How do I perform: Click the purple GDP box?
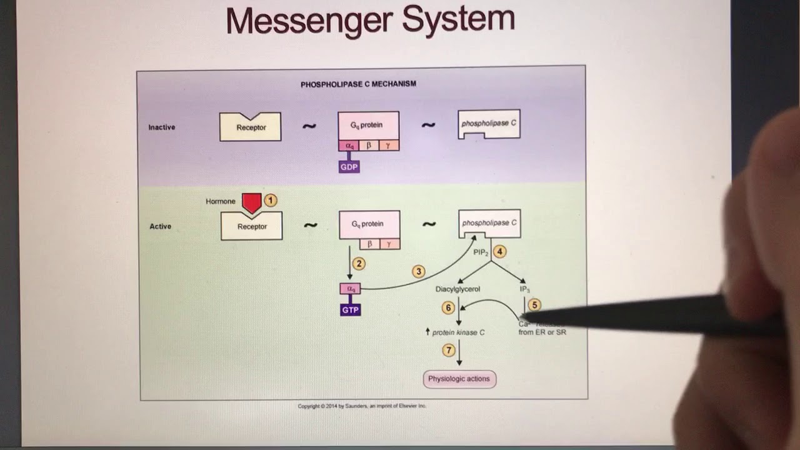[349, 167]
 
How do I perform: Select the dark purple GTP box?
[350, 310]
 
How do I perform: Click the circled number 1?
[270, 200]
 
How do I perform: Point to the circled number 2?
[358, 264]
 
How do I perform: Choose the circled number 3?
[419, 271]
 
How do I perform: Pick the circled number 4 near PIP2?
[499, 251]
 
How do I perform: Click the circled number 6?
[447, 307]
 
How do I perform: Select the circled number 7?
[448, 351]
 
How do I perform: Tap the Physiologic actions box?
[459, 379]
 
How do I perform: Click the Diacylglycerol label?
[457, 289]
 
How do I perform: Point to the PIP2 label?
[480, 252]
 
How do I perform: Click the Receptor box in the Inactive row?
[251, 127]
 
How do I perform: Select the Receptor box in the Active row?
[252, 227]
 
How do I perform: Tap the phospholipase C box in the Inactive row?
[489, 124]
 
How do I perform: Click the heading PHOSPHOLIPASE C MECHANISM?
[358, 84]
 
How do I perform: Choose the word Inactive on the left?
[161, 127]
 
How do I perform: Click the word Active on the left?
[160, 226]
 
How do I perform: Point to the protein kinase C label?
[457, 332]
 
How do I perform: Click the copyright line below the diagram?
[362, 406]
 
